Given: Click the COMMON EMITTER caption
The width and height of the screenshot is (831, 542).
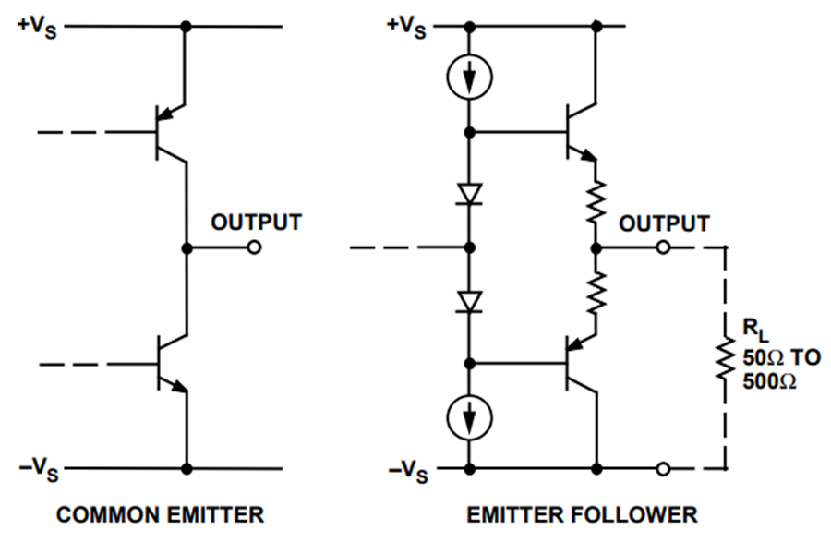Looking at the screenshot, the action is point(160,514).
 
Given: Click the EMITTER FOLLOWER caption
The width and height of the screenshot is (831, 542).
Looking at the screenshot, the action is point(582,514).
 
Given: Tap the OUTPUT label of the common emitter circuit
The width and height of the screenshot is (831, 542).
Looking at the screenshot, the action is point(257,222).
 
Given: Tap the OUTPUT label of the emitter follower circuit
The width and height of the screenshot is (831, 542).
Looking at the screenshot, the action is point(664,223).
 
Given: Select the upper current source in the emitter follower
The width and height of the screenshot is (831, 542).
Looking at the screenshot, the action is point(470,78).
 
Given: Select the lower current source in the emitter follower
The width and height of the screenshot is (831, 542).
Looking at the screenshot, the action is point(470,417).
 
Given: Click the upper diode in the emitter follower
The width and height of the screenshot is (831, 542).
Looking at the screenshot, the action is point(470,194).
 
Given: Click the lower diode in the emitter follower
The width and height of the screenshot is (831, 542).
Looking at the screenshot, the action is point(470,302).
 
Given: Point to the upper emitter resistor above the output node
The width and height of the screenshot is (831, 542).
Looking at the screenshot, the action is point(596,201).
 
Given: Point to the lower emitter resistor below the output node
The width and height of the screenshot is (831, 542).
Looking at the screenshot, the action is point(596,293).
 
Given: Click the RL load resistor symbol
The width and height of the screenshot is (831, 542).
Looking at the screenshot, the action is point(726,357).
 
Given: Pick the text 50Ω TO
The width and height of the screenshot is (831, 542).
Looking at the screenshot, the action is point(781,358).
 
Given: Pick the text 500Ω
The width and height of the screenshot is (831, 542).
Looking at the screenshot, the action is point(769,381).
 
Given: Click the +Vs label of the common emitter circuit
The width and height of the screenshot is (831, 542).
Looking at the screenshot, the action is point(37,27).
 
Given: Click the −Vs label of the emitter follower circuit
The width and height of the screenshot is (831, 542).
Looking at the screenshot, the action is point(408,471).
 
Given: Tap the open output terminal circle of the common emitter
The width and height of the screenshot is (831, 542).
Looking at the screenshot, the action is point(255,247).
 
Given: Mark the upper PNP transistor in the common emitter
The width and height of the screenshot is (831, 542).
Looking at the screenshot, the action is point(171,132).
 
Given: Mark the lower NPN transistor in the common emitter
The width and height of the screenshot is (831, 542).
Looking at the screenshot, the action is point(172,364).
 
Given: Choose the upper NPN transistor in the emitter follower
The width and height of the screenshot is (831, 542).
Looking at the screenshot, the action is point(581,132).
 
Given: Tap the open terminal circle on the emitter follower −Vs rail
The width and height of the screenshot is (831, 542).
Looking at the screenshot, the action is point(662,469).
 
